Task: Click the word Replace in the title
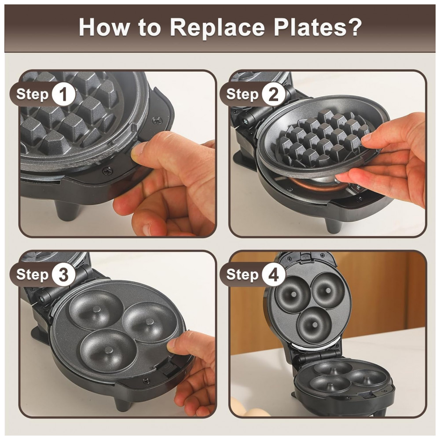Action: pyautogui.click(x=217, y=27)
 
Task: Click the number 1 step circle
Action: pyautogui.click(x=63, y=94)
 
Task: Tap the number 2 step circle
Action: pyautogui.click(x=273, y=94)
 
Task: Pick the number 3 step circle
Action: pyautogui.click(x=63, y=275)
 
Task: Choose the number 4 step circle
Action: pyautogui.click(x=273, y=275)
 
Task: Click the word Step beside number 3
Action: pyautogui.click(x=32, y=275)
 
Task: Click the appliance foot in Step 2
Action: pyautogui.click(x=334, y=225)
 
